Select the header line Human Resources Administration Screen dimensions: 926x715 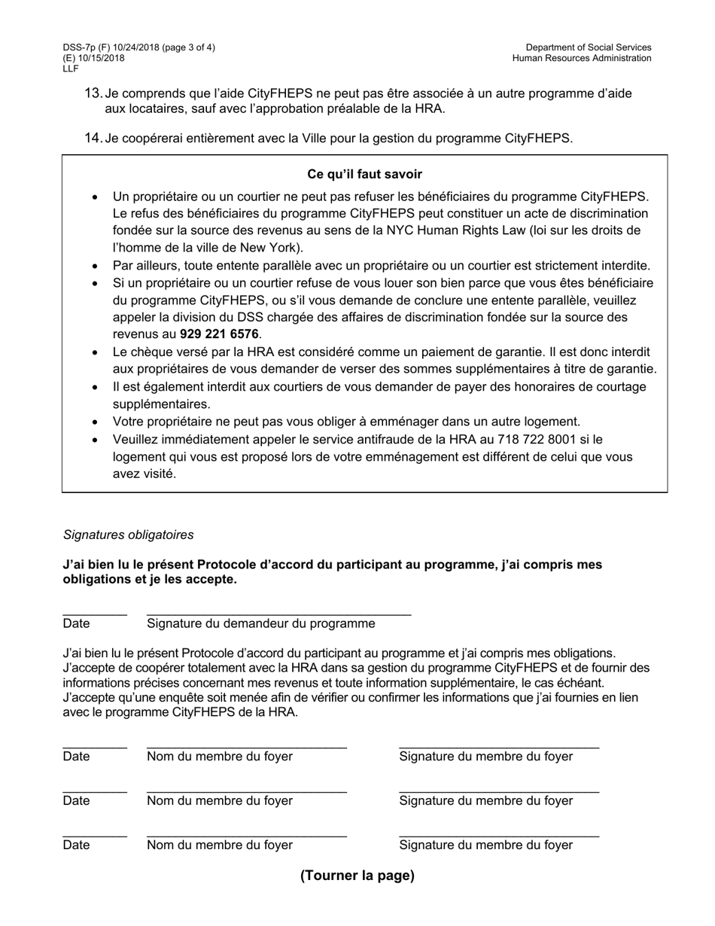(x=582, y=58)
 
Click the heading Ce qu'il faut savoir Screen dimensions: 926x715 (x=364, y=174)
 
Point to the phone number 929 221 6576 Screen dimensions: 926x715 (x=219, y=334)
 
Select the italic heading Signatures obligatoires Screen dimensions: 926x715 (x=128, y=535)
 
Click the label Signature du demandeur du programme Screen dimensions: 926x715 (x=260, y=623)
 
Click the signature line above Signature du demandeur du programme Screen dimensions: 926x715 (x=278, y=615)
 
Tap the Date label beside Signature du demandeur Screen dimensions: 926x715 (x=77, y=623)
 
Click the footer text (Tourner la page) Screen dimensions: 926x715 (x=357, y=876)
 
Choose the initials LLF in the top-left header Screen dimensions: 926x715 (x=71, y=69)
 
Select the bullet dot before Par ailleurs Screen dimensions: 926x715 (x=94, y=266)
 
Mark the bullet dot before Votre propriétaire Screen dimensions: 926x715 (x=94, y=422)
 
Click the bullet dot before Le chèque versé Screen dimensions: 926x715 (x=94, y=352)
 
